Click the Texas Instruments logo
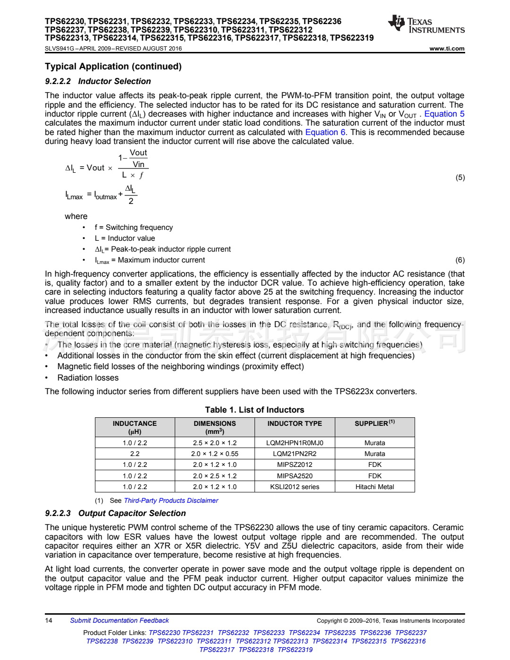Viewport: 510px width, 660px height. click(426, 25)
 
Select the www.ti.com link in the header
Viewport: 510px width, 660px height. click(447, 49)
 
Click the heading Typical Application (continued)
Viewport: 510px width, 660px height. click(113, 67)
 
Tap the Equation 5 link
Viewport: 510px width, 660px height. click(444, 114)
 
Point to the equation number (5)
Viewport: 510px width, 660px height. click(460, 178)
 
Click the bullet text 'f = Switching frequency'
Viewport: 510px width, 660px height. click(134, 228)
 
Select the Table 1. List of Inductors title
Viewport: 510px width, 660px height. click(255, 410)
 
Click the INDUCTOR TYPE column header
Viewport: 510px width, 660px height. click(295, 423)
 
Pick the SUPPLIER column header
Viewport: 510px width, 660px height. click(374, 423)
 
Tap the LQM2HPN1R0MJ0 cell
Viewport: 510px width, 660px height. click(295, 443)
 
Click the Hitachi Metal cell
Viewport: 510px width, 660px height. click(374, 487)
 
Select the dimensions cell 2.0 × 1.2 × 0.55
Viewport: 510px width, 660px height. click(215, 454)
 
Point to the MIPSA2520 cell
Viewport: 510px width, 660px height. click(295, 476)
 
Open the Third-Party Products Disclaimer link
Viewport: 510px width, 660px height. click(171, 500)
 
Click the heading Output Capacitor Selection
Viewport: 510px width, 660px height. click(132, 513)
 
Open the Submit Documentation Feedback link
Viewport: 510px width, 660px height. click(119, 620)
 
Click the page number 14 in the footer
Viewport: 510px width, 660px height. click(49, 620)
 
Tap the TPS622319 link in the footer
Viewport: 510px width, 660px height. click(295, 650)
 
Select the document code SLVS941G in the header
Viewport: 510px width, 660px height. click(59, 49)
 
